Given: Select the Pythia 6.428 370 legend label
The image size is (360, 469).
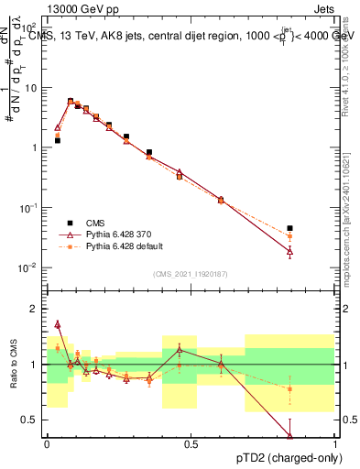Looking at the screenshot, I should [115, 234].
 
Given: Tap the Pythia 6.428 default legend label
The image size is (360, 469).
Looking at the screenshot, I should [118, 246].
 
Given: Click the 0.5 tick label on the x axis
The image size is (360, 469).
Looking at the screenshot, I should [191, 444].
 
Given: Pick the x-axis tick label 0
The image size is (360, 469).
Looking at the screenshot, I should [47, 444].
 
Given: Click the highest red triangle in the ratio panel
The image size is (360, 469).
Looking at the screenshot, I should [58, 323].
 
